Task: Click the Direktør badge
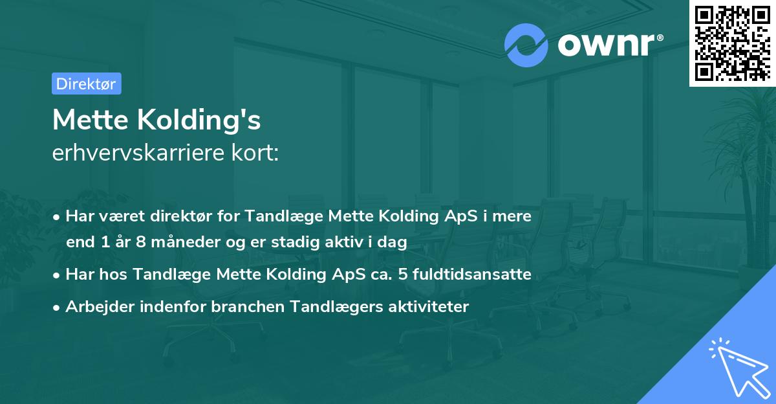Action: click(86, 84)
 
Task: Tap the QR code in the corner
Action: click(731, 42)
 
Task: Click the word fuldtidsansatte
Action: click(479, 275)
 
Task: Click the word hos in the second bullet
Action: click(112, 275)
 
